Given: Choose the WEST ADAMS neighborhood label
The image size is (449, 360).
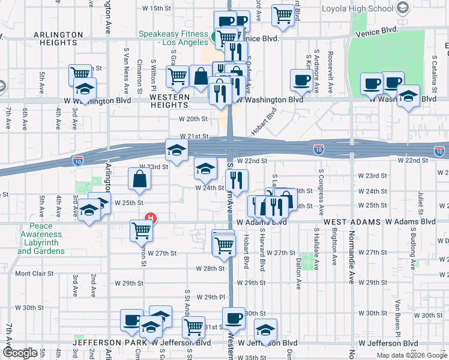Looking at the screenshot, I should pyautogui.click(x=352, y=222).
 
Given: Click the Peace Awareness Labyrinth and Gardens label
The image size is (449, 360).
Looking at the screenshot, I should pyautogui.click(x=41, y=238).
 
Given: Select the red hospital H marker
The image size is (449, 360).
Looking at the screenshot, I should pyautogui.click(x=152, y=218).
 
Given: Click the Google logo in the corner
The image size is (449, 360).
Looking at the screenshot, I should pyautogui.click(x=20, y=353).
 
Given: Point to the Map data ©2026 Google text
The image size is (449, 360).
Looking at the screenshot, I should pyautogui.click(x=411, y=355).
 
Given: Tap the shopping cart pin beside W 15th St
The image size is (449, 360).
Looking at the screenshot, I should pyautogui.click(x=283, y=14).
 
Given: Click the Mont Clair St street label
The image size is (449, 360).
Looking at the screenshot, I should pyautogui.click(x=34, y=274).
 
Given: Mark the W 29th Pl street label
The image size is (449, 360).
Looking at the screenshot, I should pyautogui.click(x=214, y=297).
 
